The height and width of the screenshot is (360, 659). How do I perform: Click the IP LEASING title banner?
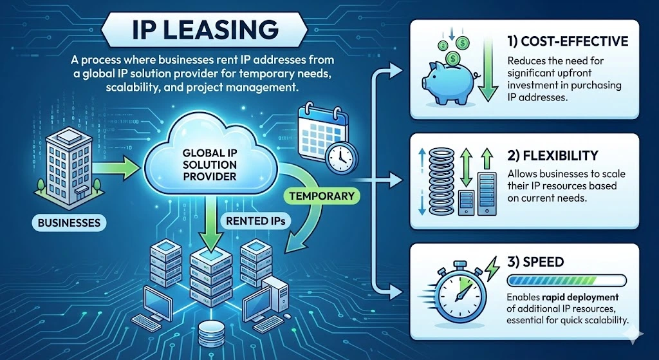(x=205, y=30)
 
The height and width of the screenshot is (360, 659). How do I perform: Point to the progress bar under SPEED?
(x=567, y=280)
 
